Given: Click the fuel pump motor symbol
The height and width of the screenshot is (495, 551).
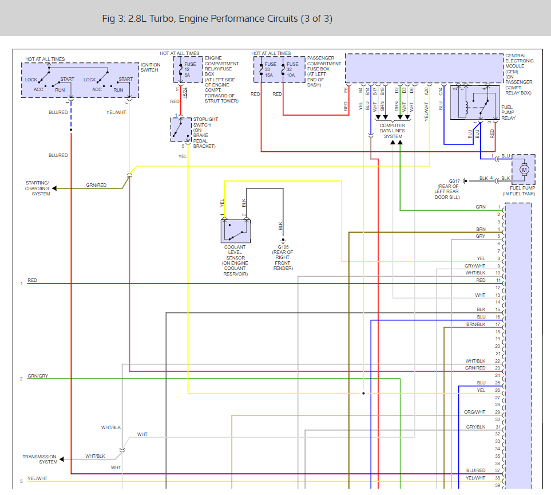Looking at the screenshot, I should (x=523, y=170).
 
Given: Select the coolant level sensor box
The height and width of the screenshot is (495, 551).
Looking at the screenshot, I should (x=235, y=231).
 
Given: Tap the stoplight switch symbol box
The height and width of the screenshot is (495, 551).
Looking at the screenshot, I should (x=181, y=129).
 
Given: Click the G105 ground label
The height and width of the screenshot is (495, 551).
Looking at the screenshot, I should (x=282, y=247).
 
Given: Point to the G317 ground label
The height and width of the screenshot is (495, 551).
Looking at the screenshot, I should (x=454, y=180).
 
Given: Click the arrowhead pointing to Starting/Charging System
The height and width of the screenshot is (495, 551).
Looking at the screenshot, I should (x=55, y=188).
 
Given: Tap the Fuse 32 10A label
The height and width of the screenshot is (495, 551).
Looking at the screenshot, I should (x=292, y=69).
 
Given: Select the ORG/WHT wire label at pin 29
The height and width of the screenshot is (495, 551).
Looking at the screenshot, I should (x=475, y=412).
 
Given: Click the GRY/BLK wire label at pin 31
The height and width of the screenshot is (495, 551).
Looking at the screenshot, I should (x=475, y=427).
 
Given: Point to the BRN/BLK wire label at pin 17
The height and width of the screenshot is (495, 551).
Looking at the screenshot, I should (x=475, y=324).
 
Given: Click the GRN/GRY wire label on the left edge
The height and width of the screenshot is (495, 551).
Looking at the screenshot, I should (x=38, y=376).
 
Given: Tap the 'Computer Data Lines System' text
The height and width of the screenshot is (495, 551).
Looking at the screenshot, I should (x=393, y=131).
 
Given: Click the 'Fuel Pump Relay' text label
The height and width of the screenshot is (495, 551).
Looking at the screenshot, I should (x=509, y=113).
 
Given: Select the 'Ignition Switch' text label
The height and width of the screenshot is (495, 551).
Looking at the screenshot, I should (x=150, y=67).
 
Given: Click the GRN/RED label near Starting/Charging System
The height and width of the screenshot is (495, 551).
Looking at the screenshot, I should (x=96, y=185).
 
